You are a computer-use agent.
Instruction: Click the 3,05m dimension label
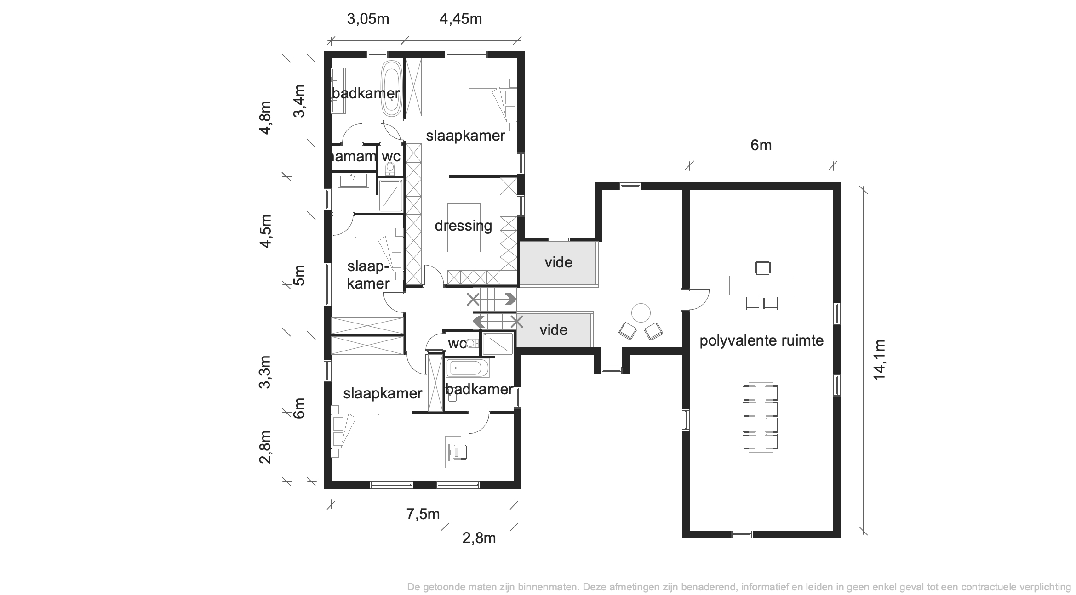368,19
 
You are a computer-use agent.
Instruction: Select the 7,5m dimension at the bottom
423,514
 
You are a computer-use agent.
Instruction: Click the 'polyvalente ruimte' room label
761,341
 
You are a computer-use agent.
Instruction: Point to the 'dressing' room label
463,226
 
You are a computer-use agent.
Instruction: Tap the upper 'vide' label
558,262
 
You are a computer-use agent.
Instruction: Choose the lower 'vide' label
553,330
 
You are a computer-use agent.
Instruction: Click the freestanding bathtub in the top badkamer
391,90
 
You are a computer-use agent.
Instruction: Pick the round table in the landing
641,313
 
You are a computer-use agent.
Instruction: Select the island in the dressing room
464,227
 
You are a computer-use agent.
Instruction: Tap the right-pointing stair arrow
510,299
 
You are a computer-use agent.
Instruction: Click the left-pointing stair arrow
479,321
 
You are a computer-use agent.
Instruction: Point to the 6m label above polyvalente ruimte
761,145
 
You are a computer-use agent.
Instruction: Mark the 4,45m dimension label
461,19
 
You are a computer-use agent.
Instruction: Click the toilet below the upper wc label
390,169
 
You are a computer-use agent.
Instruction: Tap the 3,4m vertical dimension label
299,101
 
